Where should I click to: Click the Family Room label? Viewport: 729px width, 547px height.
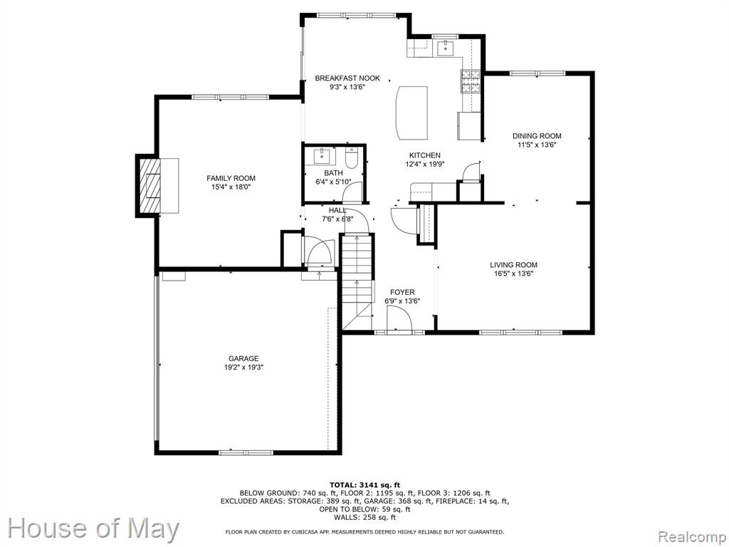pyautogui.click(x=231, y=178)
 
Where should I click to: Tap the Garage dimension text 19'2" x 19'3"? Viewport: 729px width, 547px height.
pyautogui.click(x=244, y=368)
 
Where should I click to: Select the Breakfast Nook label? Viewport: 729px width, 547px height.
pyautogui.click(x=347, y=78)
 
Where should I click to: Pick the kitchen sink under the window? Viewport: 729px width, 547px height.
pyautogui.click(x=446, y=48)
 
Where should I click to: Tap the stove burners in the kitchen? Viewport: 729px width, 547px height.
pyautogui.click(x=470, y=81)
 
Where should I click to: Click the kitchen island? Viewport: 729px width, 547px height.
pyautogui.click(x=412, y=112)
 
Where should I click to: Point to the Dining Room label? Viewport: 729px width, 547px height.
pyautogui.click(x=537, y=136)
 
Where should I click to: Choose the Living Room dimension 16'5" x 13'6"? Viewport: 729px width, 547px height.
pyautogui.click(x=513, y=273)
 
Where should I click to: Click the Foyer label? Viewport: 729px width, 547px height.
pyautogui.click(x=402, y=292)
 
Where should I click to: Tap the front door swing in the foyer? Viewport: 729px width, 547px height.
pyautogui.click(x=400, y=318)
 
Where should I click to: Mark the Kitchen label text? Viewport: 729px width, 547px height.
pyautogui.click(x=424, y=155)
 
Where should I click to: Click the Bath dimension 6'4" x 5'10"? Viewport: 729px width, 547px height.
pyautogui.click(x=333, y=182)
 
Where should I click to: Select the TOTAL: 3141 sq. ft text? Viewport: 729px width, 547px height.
pyautogui.click(x=364, y=484)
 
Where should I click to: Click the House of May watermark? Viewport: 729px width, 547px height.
pyautogui.click(x=93, y=529)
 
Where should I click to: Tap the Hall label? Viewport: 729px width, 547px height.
pyautogui.click(x=337, y=211)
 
